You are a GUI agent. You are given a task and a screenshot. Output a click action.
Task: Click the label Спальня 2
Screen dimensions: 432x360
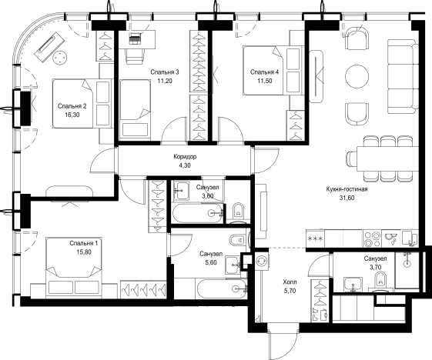(72, 106)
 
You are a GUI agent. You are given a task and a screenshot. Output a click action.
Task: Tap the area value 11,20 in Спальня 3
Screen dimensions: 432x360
(165, 81)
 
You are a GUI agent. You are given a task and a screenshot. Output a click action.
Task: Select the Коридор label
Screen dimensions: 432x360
(185, 157)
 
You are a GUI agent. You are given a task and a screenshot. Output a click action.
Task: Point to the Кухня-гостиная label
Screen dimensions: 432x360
(347, 189)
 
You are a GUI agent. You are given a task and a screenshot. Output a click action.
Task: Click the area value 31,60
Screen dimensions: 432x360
(347, 198)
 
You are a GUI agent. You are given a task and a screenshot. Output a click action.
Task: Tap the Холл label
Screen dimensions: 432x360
(290, 282)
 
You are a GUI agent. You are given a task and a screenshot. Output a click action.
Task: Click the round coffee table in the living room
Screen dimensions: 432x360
(357, 76)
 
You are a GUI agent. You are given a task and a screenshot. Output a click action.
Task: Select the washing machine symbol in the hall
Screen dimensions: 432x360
(260, 261)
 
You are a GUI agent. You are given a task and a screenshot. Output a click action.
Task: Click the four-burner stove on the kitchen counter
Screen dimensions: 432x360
(372, 239)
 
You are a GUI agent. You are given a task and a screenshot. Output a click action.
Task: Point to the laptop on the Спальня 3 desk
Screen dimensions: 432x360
(135, 38)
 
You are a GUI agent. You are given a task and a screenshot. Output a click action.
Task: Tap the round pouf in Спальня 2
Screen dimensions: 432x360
(59, 58)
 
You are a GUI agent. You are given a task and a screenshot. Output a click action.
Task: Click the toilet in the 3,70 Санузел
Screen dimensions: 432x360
(381, 282)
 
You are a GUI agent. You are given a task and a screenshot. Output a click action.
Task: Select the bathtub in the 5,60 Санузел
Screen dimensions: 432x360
(222, 288)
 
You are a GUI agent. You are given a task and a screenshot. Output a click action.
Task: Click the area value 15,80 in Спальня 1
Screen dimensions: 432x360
(84, 252)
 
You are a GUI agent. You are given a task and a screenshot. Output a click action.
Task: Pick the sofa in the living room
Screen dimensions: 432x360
(403, 76)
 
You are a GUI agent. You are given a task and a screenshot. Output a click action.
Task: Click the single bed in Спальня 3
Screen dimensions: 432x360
(136, 108)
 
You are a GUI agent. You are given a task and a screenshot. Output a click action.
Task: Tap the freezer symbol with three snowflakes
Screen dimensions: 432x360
(316, 238)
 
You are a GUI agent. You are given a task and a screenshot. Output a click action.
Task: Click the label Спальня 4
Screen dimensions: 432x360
(264, 72)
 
